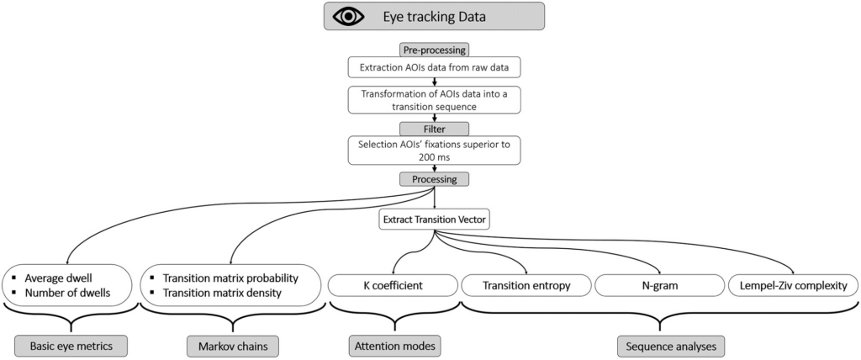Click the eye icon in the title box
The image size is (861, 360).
(348, 16)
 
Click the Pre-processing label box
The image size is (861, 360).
(434, 50)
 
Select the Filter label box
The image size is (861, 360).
(434, 129)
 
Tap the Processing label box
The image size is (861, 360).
(434, 179)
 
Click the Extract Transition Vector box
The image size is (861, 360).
(434, 220)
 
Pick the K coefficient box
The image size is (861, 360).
(392, 286)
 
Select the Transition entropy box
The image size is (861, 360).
(526, 286)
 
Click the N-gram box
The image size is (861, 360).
(659, 286)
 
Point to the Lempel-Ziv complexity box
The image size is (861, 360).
(793, 286)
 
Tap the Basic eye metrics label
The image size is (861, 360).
(71, 347)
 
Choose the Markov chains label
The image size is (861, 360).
(232, 347)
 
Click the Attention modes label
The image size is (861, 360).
(395, 347)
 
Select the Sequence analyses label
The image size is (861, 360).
(670, 347)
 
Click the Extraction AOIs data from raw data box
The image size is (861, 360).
(434, 69)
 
